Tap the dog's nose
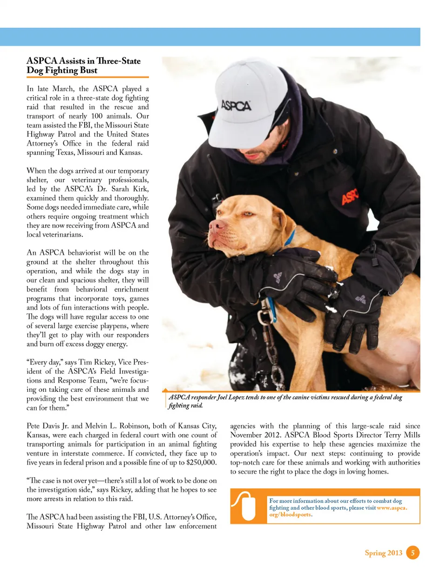point(216,226)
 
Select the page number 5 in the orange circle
point(413,553)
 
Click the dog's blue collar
point(290,239)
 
